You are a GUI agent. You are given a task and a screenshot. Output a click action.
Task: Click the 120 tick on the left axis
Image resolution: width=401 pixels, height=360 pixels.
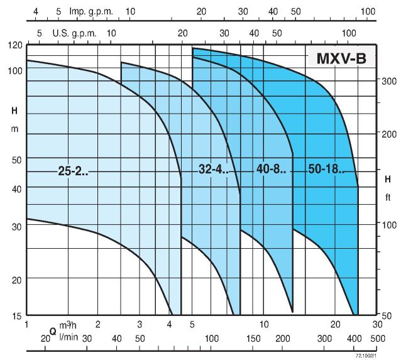pos(15,45)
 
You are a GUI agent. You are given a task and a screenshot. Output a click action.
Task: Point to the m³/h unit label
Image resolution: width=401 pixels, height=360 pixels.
pos(68,324)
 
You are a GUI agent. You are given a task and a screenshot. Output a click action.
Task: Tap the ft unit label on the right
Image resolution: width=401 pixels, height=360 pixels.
pos(388,197)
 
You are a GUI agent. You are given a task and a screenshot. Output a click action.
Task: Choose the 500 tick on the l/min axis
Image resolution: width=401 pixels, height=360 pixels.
pos(377,339)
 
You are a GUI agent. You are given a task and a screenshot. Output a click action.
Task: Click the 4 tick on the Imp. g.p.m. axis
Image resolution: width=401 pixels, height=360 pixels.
pos(35,11)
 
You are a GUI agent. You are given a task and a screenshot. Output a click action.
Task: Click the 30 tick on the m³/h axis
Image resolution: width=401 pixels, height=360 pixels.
pos(376,324)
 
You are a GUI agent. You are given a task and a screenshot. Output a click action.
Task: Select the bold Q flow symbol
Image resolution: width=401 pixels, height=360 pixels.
pos(53,330)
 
